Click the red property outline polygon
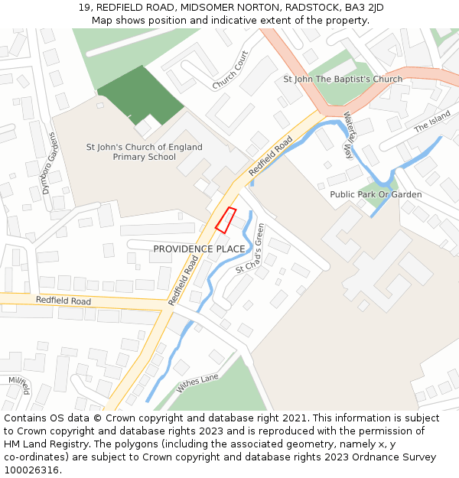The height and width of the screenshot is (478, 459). pos(226,219)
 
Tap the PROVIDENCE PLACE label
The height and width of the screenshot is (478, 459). pos(199,249)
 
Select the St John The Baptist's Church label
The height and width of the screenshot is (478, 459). pos(343,80)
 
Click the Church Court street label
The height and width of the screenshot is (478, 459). pos(230,70)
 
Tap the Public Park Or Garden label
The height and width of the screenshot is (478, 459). pos(376,194)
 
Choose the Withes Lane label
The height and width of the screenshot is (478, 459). pos(197,382)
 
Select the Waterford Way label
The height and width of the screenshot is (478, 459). pos(348,135)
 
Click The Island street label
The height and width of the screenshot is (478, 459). pos(432,122)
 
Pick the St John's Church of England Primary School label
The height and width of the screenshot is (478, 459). pos(145,151)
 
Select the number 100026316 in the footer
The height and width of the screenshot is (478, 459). pos(31,470)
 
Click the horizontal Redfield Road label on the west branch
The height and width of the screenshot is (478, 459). pos(63,301)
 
